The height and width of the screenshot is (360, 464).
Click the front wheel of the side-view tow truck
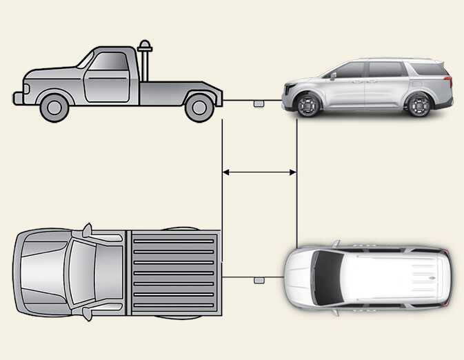coord(53,106)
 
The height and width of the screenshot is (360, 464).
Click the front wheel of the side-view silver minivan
coord(307,105)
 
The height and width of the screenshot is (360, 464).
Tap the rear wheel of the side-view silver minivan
coord(418,105)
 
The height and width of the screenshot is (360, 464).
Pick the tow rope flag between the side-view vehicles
coord(259,103)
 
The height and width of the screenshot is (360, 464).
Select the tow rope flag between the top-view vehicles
coord(260,280)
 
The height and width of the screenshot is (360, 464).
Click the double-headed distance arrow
coord(259,172)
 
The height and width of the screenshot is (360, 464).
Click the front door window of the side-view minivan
coord(351,70)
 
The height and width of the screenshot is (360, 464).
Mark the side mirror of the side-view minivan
coord(332,76)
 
